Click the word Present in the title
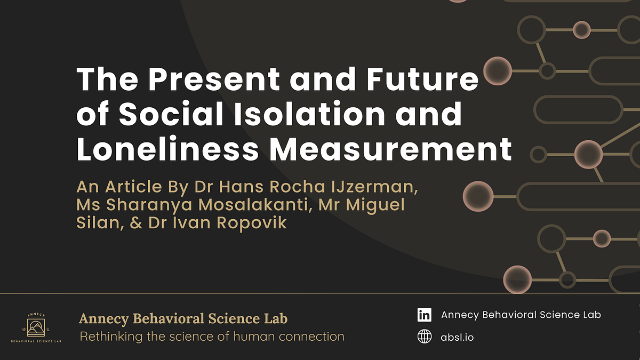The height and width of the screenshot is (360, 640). tap(213, 79)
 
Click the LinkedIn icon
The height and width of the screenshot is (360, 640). tap(425, 315)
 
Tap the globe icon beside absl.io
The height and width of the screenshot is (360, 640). tap(425, 337)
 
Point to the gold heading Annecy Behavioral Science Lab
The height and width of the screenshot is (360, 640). tap(183, 319)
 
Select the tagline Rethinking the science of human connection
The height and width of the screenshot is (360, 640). tap(212, 337)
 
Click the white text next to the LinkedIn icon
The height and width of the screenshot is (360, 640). tap(521, 315)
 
